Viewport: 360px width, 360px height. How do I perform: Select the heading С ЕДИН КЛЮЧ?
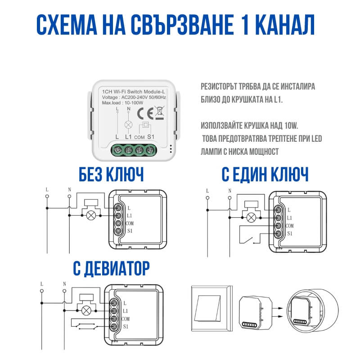pos(265,174)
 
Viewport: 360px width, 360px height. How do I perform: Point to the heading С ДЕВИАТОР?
pos(111,269)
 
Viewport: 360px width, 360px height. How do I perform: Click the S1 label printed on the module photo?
pos(151,136)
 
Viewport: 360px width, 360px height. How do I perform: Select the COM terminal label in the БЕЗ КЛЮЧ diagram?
pos(130,223)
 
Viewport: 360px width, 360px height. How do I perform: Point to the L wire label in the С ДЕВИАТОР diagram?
pos(42,284)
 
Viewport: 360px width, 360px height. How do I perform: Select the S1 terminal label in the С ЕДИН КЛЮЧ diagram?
pos(290,234)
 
